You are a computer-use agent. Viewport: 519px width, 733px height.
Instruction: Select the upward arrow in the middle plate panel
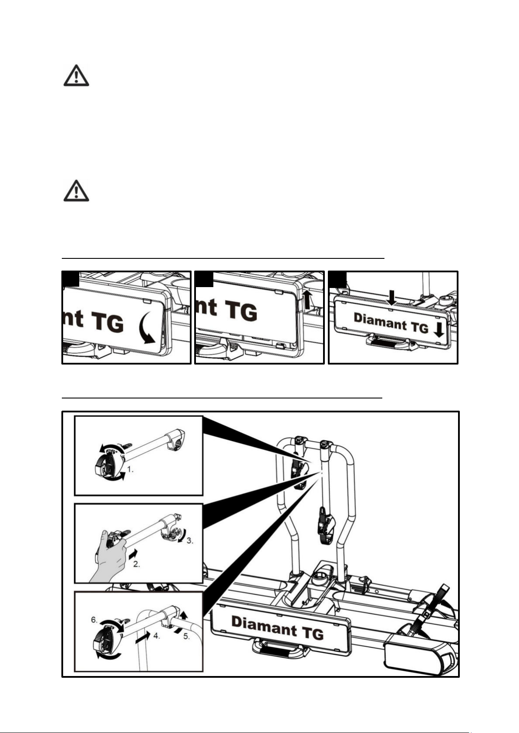click(x=307, y=300)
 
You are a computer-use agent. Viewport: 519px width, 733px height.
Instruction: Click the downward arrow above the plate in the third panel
click(x=392, y=298)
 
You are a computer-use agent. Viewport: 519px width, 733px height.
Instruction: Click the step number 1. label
click(x=130, y=470)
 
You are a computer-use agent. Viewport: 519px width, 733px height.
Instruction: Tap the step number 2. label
click(x=137, y=564)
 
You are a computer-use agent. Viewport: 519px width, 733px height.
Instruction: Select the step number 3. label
click(x=190, y=541)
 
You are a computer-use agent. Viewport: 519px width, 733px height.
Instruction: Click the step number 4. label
click(x=156, y=636)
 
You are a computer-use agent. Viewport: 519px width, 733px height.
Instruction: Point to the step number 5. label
click(x=186, y=636)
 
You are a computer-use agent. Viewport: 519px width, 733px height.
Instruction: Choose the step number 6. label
click(x=94, y=620)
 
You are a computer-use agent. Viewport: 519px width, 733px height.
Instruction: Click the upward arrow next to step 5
click(x=184, y=614)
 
